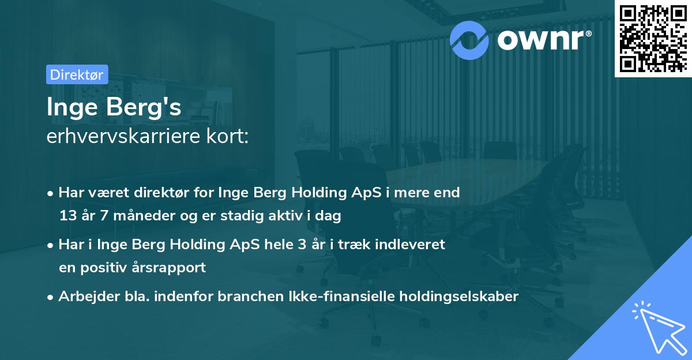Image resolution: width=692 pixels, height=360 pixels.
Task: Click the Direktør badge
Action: [77, 74]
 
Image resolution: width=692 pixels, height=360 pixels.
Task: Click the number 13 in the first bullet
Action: [68, 216]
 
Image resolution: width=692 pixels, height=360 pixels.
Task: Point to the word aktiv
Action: [287, 216]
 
